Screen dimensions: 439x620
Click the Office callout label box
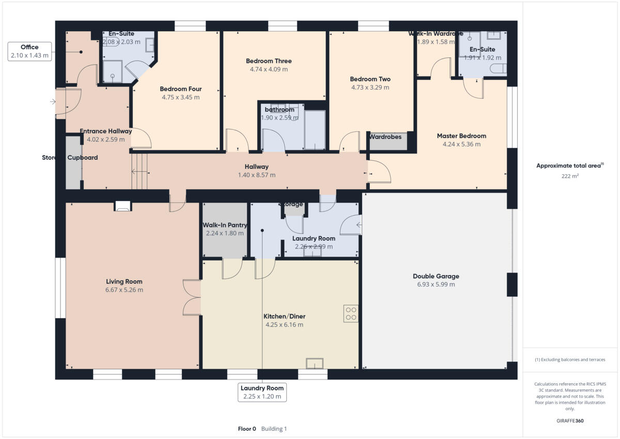pos(30,51)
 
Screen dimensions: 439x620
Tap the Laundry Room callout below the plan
pos(262,392)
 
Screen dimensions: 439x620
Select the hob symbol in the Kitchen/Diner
pos(351,313)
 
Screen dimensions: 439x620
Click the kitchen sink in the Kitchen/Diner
pos(315,363)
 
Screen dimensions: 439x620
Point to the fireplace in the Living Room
pos(123,206)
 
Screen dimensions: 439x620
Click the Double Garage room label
pos(436,276)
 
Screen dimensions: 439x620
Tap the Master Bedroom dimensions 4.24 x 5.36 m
pos(461,144)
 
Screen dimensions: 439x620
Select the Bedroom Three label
pos(269,61)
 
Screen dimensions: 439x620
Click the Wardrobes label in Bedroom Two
pos(385,137)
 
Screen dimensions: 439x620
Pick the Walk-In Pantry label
pos(224,225)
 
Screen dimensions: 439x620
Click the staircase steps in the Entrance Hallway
pos(139,172)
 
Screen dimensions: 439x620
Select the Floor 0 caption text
pos(246,429)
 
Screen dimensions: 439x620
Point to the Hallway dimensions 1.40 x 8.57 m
pos(256,175)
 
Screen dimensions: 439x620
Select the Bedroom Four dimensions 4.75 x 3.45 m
pos(180,97)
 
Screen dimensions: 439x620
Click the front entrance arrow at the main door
pos(53,102)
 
